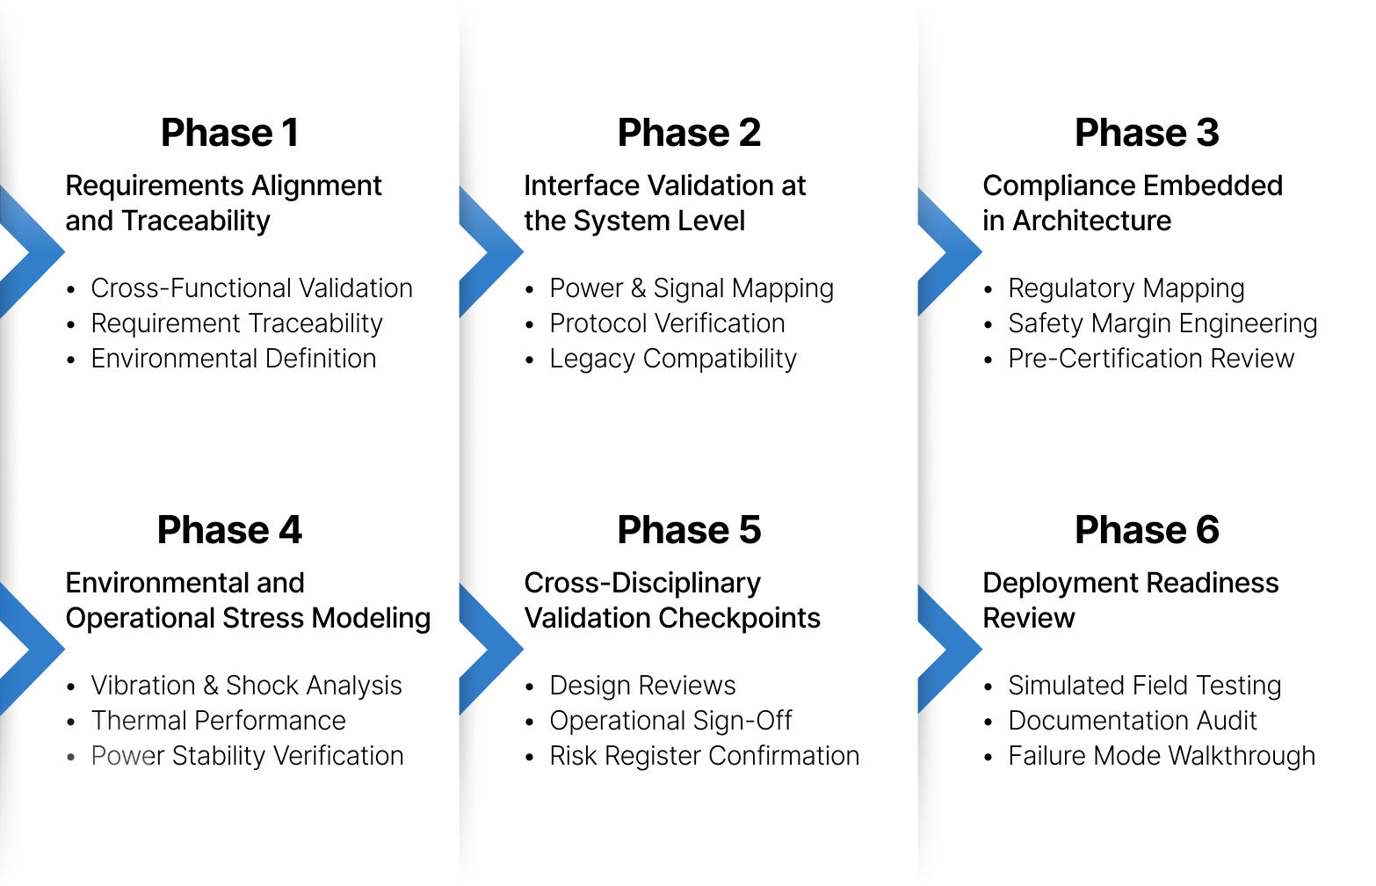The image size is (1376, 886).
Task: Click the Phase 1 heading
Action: click(x=229, y=133)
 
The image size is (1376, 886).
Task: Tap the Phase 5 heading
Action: click(x=689, y=530)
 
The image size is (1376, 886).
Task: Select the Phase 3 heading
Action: click(x=1147, y=133)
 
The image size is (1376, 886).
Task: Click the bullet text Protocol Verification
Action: click(x=667, y=323)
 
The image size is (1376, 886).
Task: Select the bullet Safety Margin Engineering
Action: click(x=1162, y=323)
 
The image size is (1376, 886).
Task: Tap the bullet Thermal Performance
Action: click(x=218, y=721)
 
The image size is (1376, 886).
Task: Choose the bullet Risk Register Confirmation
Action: click(x=704, y=756)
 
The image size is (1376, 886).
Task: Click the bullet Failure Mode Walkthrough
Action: click(x=1161, y=756)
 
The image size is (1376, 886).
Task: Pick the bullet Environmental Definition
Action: click(x=233, y=359)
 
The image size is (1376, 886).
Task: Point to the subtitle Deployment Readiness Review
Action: click(x=1130, y=600)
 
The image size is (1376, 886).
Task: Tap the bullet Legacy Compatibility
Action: click(x=672, y=359)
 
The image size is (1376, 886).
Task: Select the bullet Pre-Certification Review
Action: click(x=1150, y=359)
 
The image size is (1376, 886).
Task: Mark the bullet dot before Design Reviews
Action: click(x=529, y=686)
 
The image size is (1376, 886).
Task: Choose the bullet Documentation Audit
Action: click(x=1132, y=721)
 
